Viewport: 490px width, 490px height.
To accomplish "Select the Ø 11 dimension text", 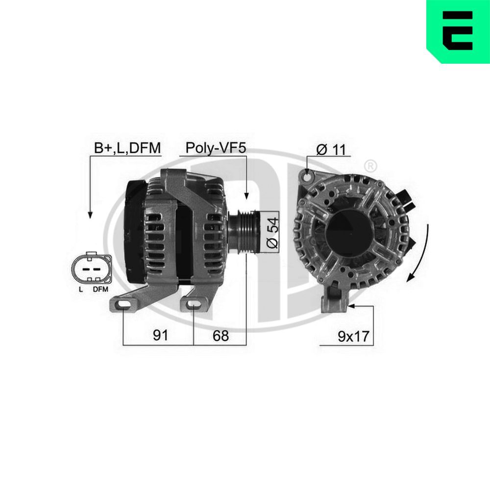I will click(330, 150).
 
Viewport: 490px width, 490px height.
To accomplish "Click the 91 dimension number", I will click(160, 335).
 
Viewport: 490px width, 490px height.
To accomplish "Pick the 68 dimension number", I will click(220, 335).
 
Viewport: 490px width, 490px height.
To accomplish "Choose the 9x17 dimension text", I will click(353, 336).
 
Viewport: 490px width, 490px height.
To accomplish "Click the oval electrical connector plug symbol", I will click(92, 269).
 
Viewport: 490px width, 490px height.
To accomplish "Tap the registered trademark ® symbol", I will click(371, 165).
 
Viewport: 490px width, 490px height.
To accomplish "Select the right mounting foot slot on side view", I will click(194, 306).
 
